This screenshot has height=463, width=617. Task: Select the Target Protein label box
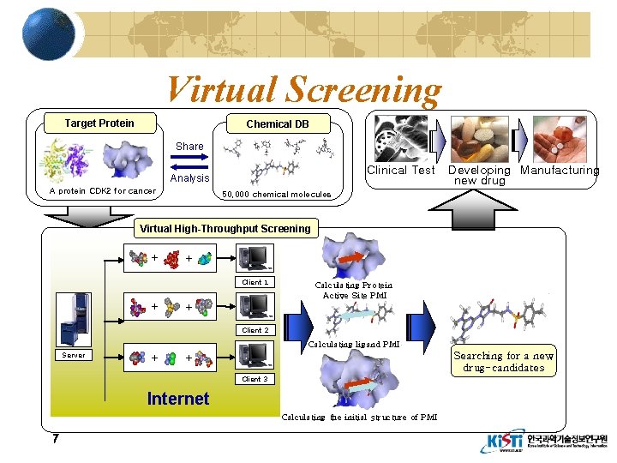tap(99, 123)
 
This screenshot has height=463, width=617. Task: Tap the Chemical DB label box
tap(277, 124)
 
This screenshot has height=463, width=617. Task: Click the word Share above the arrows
tap(189, 147)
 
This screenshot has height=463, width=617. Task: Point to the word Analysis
tap(189, 178)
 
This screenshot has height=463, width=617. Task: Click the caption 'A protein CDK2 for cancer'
tap(103, 191)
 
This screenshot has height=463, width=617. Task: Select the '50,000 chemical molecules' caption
tap(277, 195)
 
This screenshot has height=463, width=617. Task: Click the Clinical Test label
tap(400, 170)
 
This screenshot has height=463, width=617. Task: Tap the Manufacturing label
tap(560, 170)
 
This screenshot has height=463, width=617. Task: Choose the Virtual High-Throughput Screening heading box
tap(225, 229)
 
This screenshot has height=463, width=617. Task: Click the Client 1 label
tap(255, 282)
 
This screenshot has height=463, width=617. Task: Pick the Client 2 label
tap(255, 330)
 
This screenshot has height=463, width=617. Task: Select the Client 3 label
tap(255, 378)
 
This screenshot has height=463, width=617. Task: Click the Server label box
tap(74, 355)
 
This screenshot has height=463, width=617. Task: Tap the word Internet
tap(177, 398)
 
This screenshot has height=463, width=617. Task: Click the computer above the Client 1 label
tap(255, 258)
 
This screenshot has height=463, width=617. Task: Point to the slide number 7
tap(55, 439)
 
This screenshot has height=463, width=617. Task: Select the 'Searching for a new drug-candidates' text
tap(503, 362)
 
